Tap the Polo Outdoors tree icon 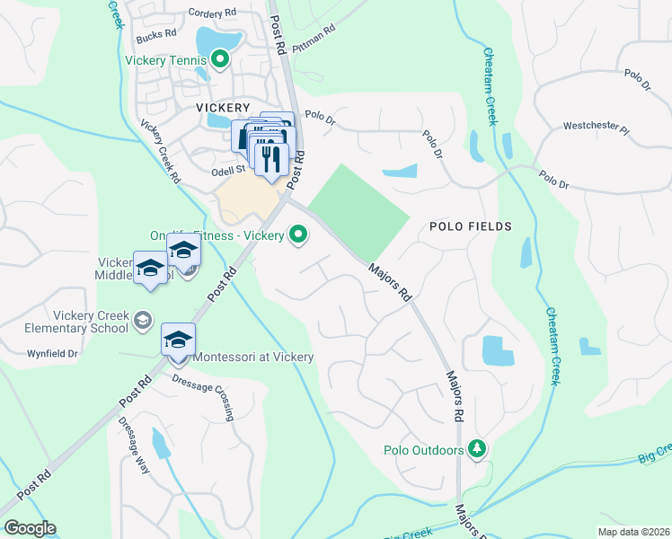[x=478, y=448]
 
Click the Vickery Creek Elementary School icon [x=142, y=320]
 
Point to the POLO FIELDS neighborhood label [x=471, y=226]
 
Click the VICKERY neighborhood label [x=222, y=107]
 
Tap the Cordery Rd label [x=212, y=13]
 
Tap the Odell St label [x=228, y=169]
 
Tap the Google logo [x=30, y=528]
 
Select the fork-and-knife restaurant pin [x=270, y=158]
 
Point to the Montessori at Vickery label [x=254, y=358]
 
